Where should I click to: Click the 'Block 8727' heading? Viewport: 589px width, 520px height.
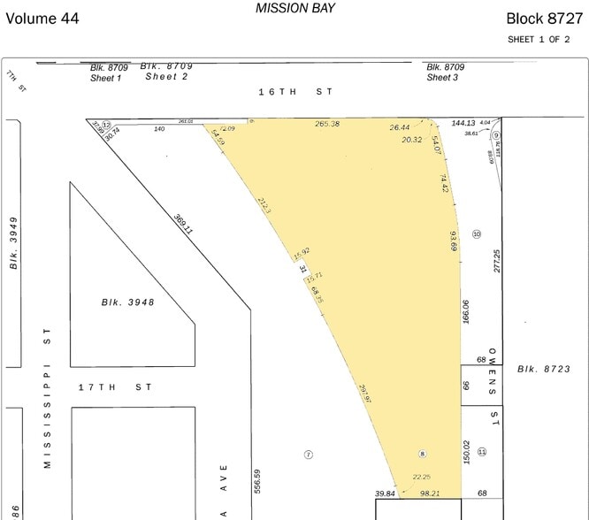[544, 18]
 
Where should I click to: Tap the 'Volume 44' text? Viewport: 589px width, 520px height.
[42, 18]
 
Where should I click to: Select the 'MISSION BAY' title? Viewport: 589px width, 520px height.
[295, 8]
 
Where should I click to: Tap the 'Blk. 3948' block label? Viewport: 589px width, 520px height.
[127, 302]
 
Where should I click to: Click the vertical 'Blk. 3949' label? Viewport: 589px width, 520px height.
[14, 242]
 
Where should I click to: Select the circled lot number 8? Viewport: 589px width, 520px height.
[423, 454]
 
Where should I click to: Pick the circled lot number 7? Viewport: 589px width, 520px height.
[309, 455]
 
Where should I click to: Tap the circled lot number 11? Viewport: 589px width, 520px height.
[482, 452]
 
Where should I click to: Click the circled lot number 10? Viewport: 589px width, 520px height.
[477, 233]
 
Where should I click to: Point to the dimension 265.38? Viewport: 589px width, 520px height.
[327, 124]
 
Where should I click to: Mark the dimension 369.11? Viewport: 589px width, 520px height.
[183, 224]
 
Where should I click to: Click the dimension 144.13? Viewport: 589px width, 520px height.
[463, 123]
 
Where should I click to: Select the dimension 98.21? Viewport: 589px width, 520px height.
[430, 493]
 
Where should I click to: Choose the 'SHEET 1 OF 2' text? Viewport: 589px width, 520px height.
[545, 39]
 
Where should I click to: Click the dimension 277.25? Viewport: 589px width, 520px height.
[497, 260]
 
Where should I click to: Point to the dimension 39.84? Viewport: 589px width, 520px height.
[385, 493]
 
